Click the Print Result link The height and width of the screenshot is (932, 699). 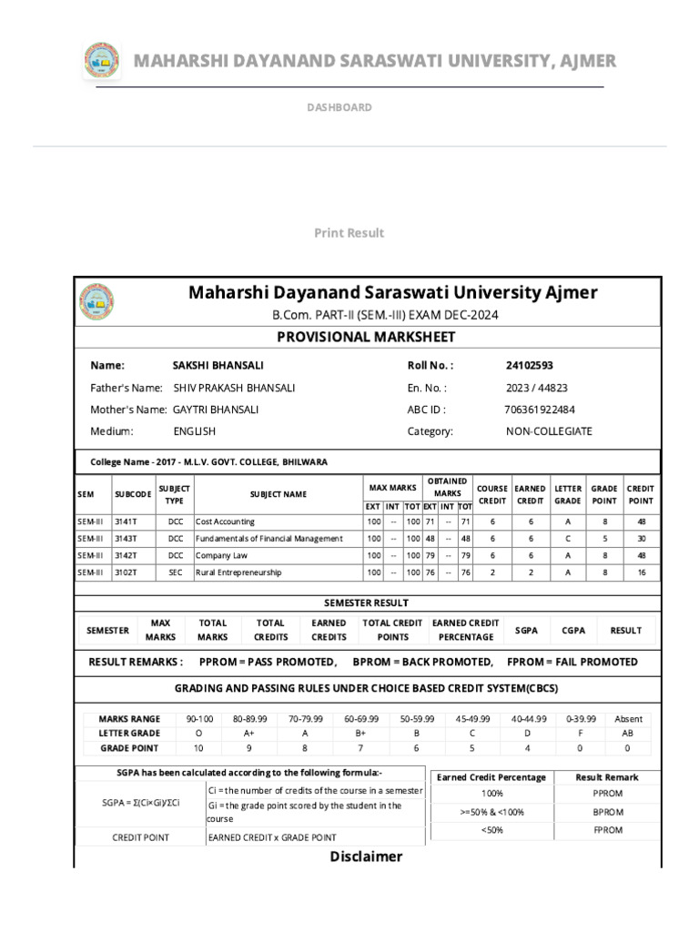pos(349,233)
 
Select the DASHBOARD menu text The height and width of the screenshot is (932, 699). pos(339,107)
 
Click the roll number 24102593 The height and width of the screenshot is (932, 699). pos(529,365)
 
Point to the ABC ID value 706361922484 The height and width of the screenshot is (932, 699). pos(539,410)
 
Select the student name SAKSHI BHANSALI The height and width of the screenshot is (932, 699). pos(218,365)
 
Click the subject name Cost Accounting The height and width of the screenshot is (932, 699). pos(226,522)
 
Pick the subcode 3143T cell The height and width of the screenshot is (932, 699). pos(127,538)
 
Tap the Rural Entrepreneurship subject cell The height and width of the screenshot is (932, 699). pos(238,572)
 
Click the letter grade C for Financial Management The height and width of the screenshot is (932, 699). pos(567,538)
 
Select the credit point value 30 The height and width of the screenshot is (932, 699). pos(640,538)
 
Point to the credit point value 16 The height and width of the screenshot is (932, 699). pos(640,572)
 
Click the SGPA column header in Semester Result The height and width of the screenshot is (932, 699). pos(526,630)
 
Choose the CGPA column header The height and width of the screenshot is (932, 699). pos(573,630)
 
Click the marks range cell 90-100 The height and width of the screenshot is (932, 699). pos(199,718)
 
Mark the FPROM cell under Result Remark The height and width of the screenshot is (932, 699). pos(607,830)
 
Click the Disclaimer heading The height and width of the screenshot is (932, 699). pos(366,856)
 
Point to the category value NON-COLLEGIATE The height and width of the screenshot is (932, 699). pos(549,431)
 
